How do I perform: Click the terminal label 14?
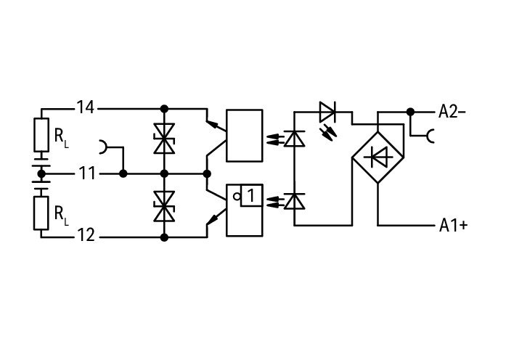coord(86,107)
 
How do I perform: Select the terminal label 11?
coord(87,174)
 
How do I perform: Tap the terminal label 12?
coord(86,235)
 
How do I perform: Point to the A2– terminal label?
coord(452,112)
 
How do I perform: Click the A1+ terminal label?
coord(453,226)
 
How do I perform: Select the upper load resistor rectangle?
coord(41,135)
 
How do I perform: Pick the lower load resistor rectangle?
coord(41,213)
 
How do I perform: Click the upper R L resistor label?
coord(61,138)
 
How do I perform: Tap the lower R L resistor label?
coord(61,215)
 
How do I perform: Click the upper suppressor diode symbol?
coord(164,139)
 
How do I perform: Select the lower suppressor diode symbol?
coord(164,206)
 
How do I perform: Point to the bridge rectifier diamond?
coord(378,157)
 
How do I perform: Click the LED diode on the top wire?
coord(327,112)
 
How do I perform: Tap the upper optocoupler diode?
coord(294,139)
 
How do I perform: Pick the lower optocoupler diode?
coord(294,201)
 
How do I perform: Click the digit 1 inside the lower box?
coord(251,195)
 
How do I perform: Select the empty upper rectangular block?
coord(245,136)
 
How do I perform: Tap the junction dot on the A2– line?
coord(410,112)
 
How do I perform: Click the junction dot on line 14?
coord(164,109)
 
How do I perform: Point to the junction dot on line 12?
coord(164,238)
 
